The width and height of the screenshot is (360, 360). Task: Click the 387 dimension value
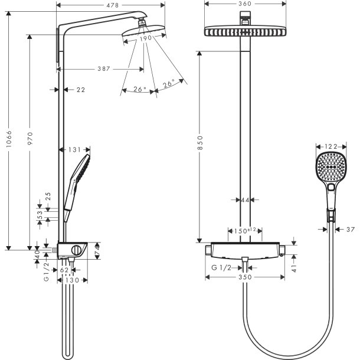103,69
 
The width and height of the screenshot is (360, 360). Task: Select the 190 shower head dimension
145,37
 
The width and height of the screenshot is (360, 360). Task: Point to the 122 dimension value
331,147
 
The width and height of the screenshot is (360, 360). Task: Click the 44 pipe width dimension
245,201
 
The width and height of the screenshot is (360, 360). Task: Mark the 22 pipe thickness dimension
81,90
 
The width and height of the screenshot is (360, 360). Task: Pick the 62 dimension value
65,270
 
